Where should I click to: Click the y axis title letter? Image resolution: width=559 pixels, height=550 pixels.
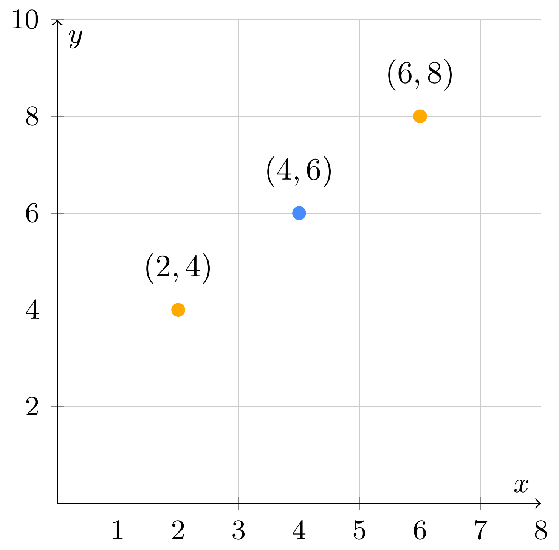point(76,39)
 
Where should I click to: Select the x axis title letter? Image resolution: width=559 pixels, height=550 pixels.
point(521,486)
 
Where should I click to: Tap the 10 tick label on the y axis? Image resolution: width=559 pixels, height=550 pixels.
point(25,20)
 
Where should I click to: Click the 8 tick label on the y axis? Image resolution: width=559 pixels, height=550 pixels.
point(33,117)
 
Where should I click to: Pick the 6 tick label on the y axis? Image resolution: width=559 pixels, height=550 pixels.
point(33,214)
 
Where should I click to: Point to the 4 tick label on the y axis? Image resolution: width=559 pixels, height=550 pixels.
point(33,311)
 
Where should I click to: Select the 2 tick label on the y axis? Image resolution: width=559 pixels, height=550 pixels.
point(33,407)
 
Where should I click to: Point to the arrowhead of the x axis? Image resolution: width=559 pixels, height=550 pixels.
point(538,503)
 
